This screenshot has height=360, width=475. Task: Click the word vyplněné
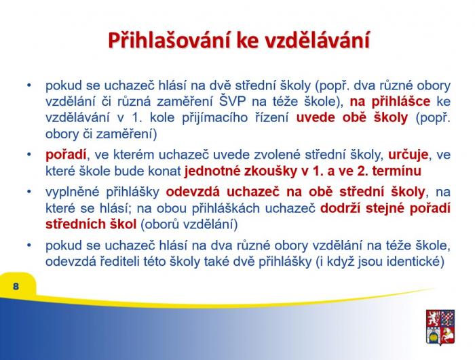pos(73,193)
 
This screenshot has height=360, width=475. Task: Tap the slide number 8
pos(16,286)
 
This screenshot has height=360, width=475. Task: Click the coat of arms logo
pos(440,327)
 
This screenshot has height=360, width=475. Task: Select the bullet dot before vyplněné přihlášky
pos(29,192)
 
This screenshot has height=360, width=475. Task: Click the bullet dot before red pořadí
pos(29,155)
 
